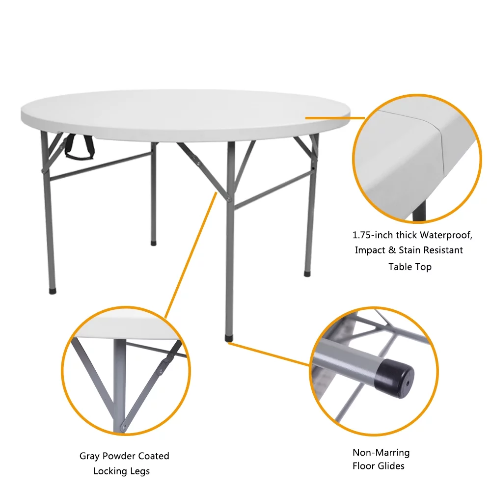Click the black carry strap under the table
pos(79,150)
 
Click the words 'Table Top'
pos(409,267)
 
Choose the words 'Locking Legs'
pos(121,471)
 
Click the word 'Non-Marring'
pos(381,452)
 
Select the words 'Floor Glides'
pos(378,466)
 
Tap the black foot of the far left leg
pos(53,290)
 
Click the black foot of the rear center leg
pos(154,242)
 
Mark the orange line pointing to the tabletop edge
pos(334,118)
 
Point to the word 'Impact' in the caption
pos(370,250)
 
